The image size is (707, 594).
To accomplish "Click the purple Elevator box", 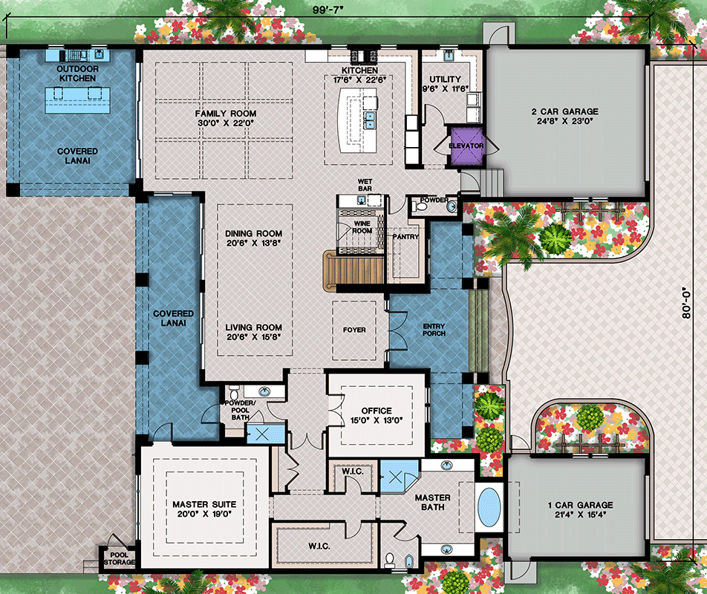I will tap(466, 146).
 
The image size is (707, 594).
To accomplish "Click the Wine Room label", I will tap(362, 226).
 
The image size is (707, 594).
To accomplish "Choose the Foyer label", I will tap(353, 330).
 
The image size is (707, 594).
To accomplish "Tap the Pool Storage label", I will tap(119, 558).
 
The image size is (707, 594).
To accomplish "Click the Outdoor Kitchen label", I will tap(77, 74).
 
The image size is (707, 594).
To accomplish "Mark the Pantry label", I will tap(406, 238).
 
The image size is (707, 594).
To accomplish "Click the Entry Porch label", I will tap(434, 330).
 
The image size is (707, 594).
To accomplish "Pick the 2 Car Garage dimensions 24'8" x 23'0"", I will tap(564, 123).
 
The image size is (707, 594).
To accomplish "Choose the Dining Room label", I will tap(253, 233).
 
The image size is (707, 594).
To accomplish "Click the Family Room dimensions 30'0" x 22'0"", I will tap(226, 124).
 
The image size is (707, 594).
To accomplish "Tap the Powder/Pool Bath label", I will tap(240, 408).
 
